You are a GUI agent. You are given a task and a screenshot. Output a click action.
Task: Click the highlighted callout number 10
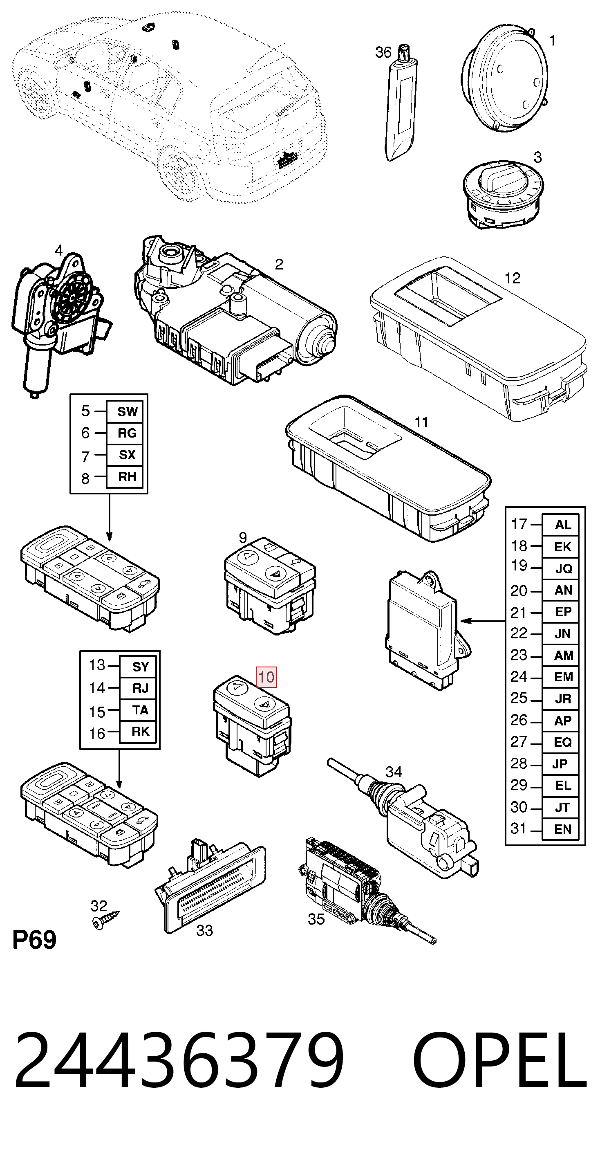(266, 677)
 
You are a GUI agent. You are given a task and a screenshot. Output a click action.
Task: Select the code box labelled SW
(125, 411)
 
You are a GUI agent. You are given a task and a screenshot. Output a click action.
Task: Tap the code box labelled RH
(125, 477)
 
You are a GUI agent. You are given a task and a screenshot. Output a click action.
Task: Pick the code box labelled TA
(139, 710)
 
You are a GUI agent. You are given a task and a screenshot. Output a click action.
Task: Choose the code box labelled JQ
(561, 568)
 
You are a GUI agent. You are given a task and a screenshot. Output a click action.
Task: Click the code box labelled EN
(561, 829)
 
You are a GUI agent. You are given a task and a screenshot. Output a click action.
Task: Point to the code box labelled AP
(561, 721)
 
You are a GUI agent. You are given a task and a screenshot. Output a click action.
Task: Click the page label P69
(34, 940)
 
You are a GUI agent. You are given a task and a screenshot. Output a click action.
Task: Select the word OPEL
(500, 1060)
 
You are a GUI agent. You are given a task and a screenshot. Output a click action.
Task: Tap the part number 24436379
(179, 1060)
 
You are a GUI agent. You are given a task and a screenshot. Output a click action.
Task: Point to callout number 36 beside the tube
(383, 52)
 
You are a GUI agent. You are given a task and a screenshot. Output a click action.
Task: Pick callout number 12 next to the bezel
(512, 278)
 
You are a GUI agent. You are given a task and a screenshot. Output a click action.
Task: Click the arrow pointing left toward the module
(483, 621)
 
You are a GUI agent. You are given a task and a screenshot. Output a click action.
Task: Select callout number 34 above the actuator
(394, 771)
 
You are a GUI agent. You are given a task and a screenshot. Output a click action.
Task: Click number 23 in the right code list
(519, 655)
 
